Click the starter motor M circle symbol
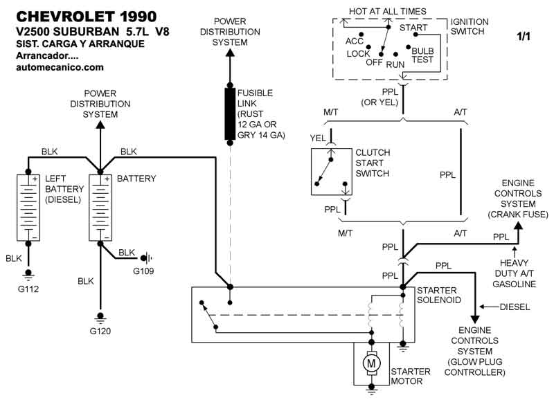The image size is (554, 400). click(372, 362)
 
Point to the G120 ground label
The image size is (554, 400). click(100, 330)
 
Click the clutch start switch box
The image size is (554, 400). click(330, 170)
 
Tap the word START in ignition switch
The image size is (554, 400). click(413, 28)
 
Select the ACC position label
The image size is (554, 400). click(355, 41)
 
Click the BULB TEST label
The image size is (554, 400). click(422, 55)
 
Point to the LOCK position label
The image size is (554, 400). click(358, 53)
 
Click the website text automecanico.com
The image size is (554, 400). click(60, 67)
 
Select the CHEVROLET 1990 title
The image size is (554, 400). click(85, 16)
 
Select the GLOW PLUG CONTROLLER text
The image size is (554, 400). click(474, 367)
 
